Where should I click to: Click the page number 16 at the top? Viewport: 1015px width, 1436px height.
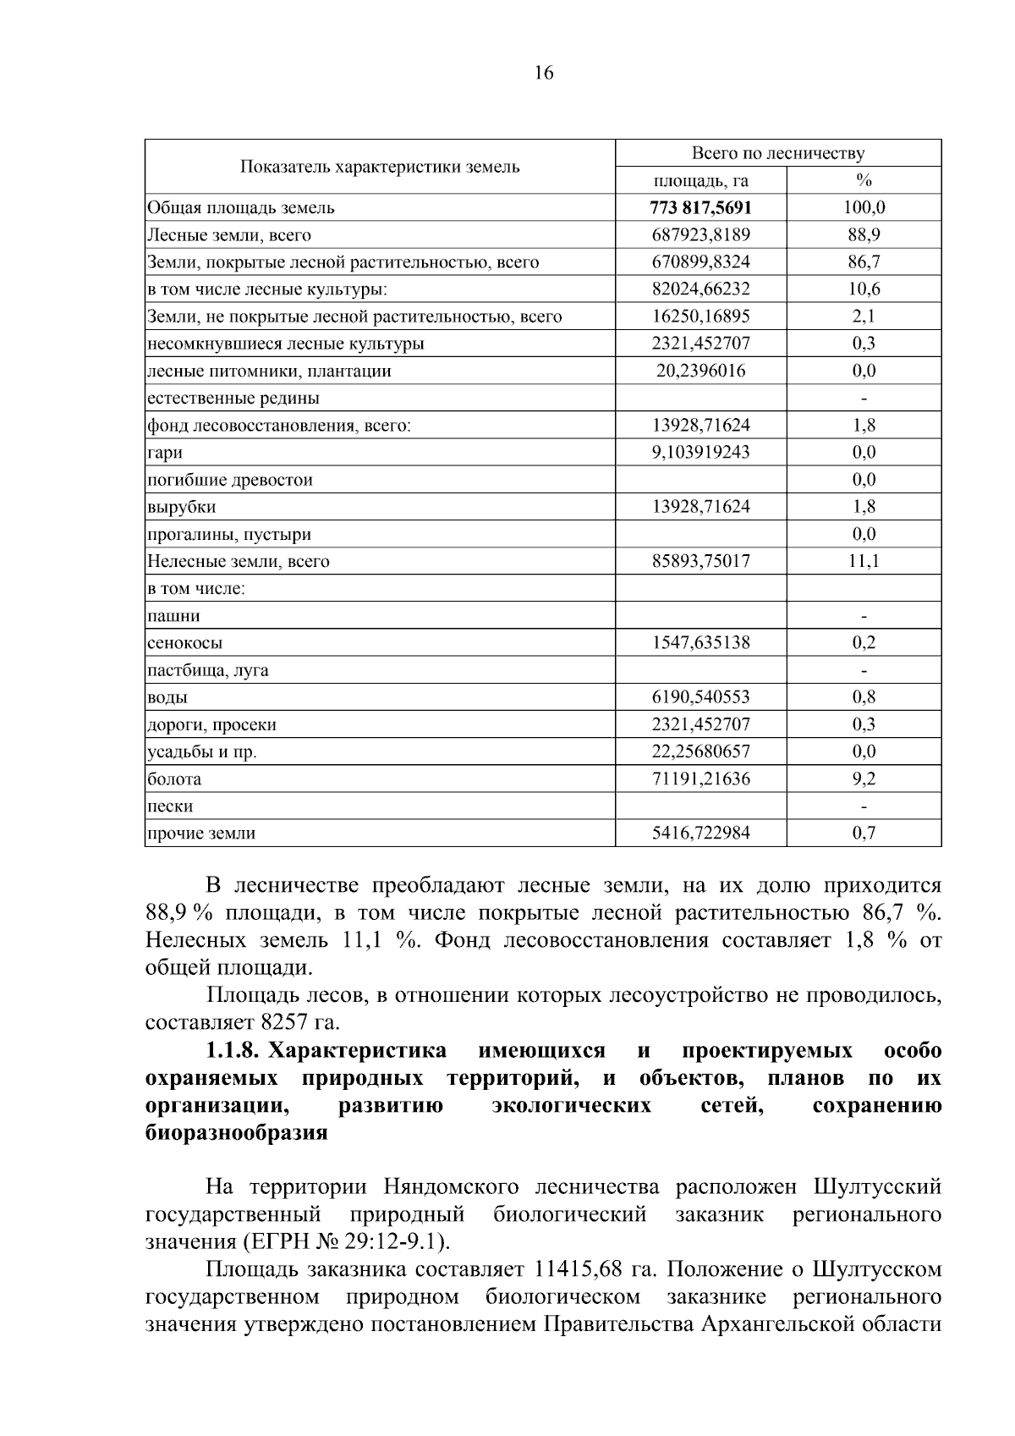coord(544,73)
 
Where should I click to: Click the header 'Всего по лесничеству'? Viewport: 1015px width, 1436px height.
coord(777,153)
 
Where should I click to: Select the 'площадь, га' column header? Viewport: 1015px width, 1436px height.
coord(700,180)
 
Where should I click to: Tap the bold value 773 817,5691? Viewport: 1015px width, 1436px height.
coord(700,207)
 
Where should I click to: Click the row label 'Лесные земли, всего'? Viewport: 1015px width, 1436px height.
coord(229,234)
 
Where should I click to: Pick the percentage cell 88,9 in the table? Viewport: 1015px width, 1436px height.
coord(864,234)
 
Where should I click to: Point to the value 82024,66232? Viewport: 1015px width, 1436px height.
coord(700,289)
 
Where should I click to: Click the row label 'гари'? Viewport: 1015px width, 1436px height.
coord(165,453)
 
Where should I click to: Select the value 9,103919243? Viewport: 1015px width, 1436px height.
coord(700,452)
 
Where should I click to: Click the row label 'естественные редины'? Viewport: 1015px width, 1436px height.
coord(233,398)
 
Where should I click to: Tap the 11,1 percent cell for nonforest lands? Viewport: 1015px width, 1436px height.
coord(864,561)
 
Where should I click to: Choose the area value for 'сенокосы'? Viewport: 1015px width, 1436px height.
coord(700,642)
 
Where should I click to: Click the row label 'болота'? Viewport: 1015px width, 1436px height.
coord(174,779)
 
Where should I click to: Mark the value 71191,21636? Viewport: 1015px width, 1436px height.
coord(700,779)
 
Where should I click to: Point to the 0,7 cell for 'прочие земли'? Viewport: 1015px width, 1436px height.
coord(864,833)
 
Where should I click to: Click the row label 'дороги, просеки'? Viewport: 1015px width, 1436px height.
coord(211,724)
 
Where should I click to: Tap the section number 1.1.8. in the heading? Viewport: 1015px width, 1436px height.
coord(231,1050)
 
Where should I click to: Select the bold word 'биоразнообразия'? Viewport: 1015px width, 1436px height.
coord(236,1132)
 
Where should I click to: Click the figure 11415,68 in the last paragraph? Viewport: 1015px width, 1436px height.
coord(584,1269)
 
